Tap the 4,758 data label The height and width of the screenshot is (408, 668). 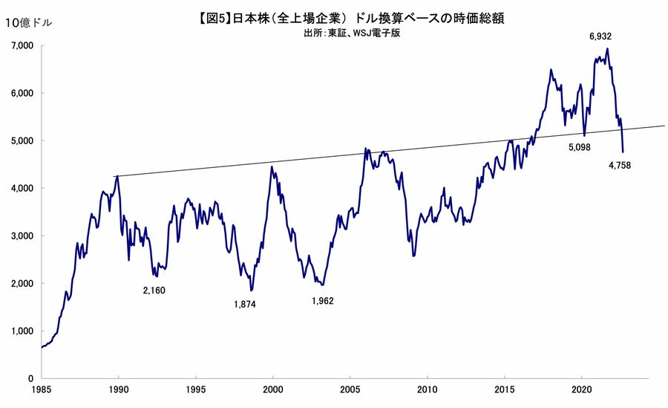[x=620, y=166]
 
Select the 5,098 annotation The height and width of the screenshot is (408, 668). [x=579, y=148]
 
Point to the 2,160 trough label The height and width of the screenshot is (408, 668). [x=154, y=290]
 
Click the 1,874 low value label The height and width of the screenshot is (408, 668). [x=244, y=304]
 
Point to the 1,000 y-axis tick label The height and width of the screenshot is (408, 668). [x=24, y=331]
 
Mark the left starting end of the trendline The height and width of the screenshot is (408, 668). [x=114, y=176]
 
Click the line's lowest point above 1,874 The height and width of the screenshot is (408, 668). [x=252, y=290]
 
